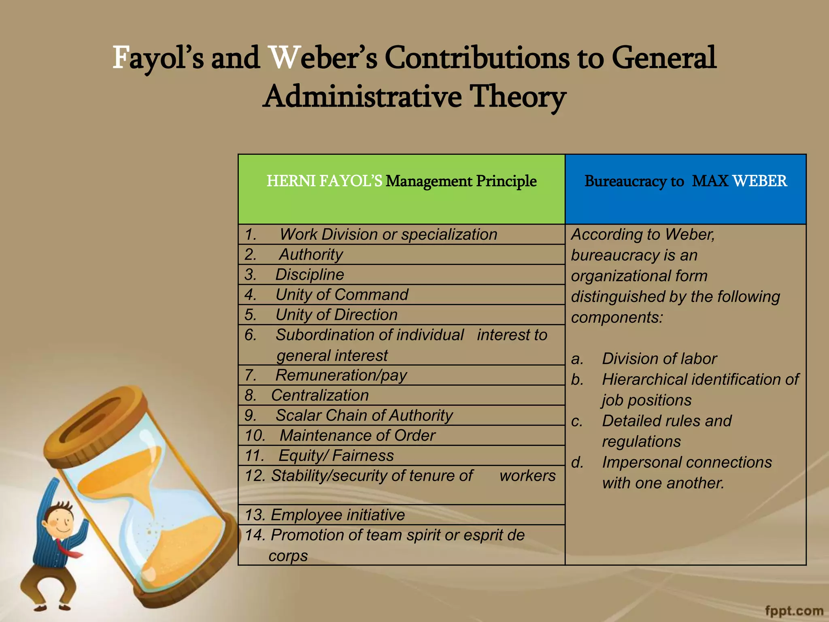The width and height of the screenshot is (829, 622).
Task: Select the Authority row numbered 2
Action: click(x=311, y=254)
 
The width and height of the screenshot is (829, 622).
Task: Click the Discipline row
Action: click(x=310, y=275)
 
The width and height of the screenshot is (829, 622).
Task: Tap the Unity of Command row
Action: click(x=342, y=294)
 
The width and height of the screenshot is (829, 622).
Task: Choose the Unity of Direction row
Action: click(x=336, y=315)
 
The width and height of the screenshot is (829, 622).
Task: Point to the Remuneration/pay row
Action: click(x=341, y=375)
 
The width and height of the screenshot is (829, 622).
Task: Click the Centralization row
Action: click(x=320, y=395)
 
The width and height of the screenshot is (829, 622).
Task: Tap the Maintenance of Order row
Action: click(x=357, y=435)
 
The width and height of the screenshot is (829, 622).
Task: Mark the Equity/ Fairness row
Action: click(x=336, y=456)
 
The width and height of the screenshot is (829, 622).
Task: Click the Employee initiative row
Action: click(x=337, y=515)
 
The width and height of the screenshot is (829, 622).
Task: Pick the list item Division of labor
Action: click(x=659, y=359)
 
